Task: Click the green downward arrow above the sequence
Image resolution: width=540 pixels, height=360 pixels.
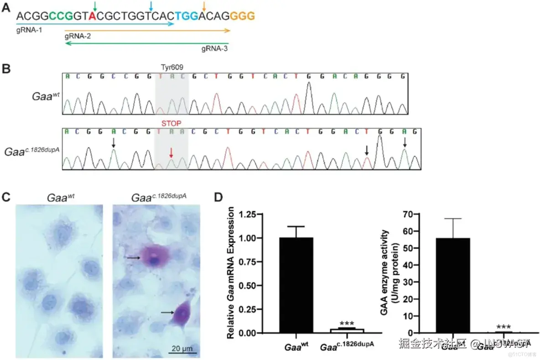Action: pyautogui.click(x=94, y=5)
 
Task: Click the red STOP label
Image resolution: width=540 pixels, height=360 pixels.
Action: pyautogui.click(x=171, y=123)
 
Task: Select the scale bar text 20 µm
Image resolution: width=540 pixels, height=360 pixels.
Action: pyautogui.click(x=184, y=349)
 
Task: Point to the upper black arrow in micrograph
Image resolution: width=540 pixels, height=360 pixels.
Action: pyautogui.click(x=133, y=258)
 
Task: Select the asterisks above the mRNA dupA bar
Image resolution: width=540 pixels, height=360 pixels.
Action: pyautogui.click(x=347, y=323)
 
